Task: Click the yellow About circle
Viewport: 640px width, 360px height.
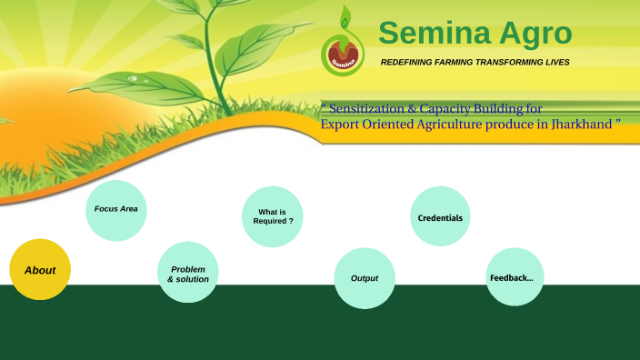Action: click(40, 270)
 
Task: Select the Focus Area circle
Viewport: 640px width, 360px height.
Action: click(116, 210)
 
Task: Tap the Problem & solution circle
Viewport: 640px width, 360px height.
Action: click(188, 273)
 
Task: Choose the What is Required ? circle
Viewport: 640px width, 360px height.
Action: click(273, 217)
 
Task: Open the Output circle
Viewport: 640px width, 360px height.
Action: click(365, 278)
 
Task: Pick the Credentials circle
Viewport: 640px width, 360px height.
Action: click(440, 217)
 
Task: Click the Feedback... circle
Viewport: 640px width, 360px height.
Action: click(514, 277)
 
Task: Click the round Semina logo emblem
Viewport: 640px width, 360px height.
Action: click(343, 55)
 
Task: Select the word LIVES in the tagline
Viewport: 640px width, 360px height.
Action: click(556, 63)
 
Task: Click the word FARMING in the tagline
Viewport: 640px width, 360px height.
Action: click(457, 63)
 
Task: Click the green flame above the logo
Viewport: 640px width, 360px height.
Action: click(343, 18)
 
